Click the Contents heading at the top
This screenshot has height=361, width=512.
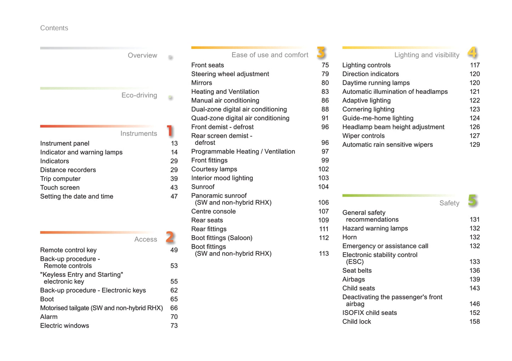[x=54, y=28]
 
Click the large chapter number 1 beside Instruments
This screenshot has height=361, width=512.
[x=170, y=131]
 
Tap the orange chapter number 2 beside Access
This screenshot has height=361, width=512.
[x=170, y=237]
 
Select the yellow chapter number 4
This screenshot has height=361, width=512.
[x=472, y=52]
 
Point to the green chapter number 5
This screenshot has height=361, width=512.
[x=472, y=201]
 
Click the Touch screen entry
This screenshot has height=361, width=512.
[x=60, y=187]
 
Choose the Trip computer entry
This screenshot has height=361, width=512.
[x=60, y=179]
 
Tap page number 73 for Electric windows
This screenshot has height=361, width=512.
[x=174, y=326]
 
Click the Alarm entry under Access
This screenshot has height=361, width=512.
[x=49, y=317]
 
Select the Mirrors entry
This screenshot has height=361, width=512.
[x=202, y=83]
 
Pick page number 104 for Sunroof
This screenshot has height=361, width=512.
[x=323, y=187]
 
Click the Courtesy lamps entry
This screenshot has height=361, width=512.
[x=214, y=169]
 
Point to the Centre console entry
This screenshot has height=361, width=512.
[x=213, y=211]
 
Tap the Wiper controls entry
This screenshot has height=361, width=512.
[x=363, y=136]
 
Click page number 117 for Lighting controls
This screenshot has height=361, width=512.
[x=474, y=65]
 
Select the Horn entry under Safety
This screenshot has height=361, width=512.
[x=349, y=237]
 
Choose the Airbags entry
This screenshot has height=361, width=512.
[x=353, y=279]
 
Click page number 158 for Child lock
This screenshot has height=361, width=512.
[x=474, y=321]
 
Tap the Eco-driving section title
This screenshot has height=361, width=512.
[x=139, y=95]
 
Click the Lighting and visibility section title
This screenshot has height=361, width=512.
[x=427, y=55]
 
